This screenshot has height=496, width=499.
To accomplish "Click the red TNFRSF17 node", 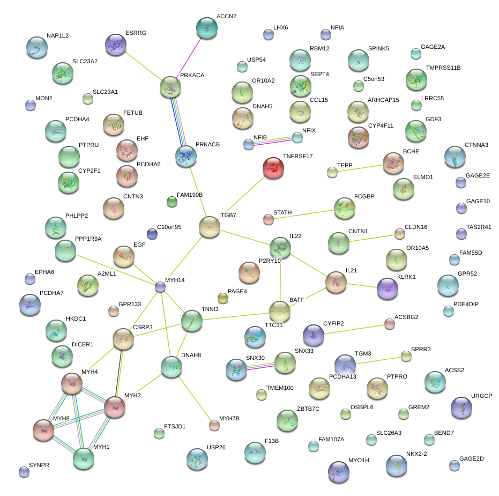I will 273,168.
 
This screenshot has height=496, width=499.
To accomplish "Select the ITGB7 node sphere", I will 209,227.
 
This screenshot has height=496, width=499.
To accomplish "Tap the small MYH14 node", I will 160,287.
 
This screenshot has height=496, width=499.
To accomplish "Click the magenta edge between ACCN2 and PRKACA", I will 189,56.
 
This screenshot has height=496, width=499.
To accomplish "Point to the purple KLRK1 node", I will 388,288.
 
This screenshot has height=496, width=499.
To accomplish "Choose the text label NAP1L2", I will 57,35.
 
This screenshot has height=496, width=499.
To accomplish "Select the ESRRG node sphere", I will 115,45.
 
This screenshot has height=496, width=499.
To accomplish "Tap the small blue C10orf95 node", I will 152,233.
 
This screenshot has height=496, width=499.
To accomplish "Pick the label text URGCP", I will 481,396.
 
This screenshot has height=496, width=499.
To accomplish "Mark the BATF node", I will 279,311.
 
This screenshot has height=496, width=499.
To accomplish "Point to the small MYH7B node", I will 214,425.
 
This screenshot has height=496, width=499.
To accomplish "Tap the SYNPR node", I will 24,472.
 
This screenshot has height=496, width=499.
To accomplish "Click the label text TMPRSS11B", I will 443,68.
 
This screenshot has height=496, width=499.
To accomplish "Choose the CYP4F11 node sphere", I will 358,137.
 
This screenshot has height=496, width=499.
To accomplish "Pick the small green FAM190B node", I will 172,202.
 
